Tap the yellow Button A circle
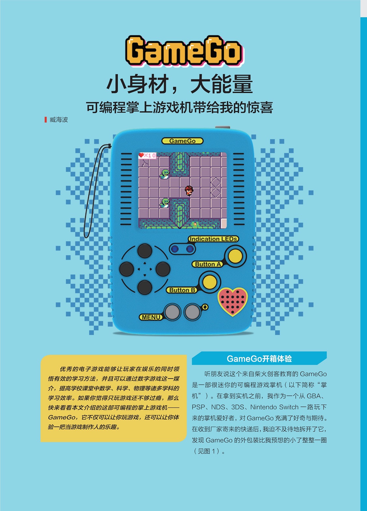[x=235, y=256]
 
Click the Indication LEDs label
[x=213, y=239]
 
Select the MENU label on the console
[x=151, y=317]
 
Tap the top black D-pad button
[x=145, y=251]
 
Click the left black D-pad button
[x=127, y=269]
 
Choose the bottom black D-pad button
[x=145, y=287]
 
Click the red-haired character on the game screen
[x=189, y=190]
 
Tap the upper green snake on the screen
[x=164, y=174]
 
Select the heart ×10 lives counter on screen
[x=147, y=155]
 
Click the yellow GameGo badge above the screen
[x=182, y=141]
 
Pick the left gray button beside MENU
[x=172, y=312]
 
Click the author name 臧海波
[x=59, y=120]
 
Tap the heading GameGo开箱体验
[x=259, y=359]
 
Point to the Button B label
[x=182, y=290]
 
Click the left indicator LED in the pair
[x=175, y=249]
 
